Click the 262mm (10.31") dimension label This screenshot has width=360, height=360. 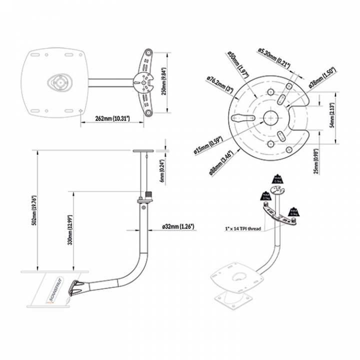[x=112, y=118]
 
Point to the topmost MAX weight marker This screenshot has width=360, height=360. [x=277, y=179]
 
